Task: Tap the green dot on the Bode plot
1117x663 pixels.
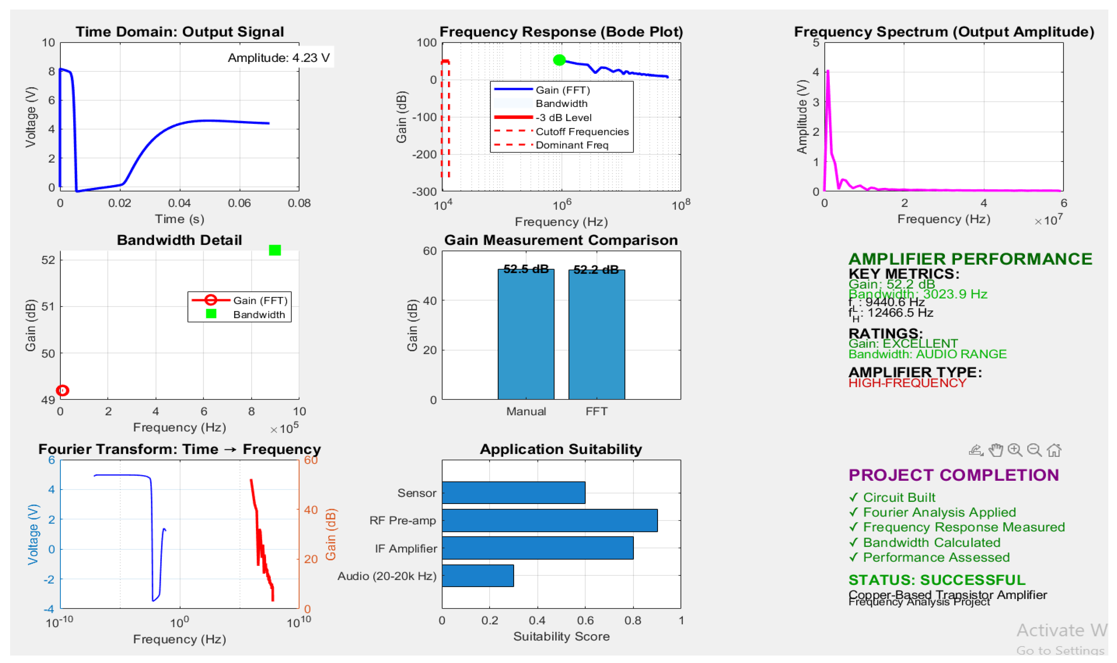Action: point(559,60)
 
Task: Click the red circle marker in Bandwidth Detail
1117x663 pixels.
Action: point(63,390)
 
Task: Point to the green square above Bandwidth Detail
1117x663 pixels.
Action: point(275,250)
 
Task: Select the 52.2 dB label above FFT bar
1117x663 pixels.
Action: point(596,269)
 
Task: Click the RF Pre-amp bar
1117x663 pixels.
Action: point(550,521)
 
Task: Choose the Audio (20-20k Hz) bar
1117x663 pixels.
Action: point(478,575)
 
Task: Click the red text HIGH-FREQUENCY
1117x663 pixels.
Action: point(907,383)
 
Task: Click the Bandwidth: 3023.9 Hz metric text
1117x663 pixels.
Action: point(917,294)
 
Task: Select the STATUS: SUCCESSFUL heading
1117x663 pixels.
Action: point(936,580)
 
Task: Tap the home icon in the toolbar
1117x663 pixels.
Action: point(1054,450)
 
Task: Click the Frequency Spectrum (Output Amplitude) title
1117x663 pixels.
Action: point(944,32)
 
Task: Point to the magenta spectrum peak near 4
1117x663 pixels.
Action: point(828,71)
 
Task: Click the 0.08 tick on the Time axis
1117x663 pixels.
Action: point(299,203)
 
